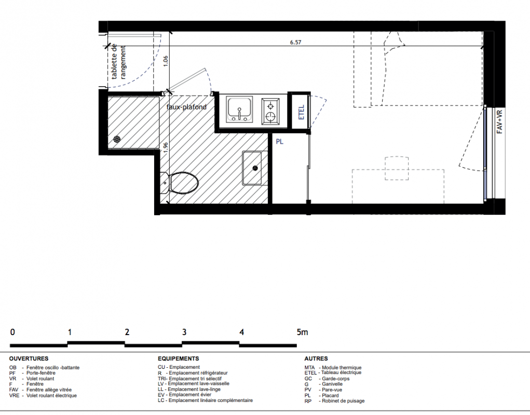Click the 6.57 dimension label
[x=295, y=42]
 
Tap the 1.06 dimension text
[x=165, y=61]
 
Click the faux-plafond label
[x=186, y=107]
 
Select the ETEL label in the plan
[x=302, y=112]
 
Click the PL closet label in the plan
[x=279, y=142]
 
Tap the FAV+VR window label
[x=499, y=121]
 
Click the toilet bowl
[x=184, y=183]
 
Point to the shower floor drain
[x=117, y=139]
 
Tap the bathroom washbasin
[x=252, y=168]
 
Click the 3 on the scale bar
[x=184, y=332]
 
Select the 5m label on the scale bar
[x=303, y=332]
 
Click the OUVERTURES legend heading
[x=29, y=358]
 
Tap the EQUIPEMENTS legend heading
[x=178, y=358]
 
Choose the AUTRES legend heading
[x=316, y=358]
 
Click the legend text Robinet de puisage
[x=344, y=401]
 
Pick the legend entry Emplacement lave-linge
[x=194, y=389]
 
